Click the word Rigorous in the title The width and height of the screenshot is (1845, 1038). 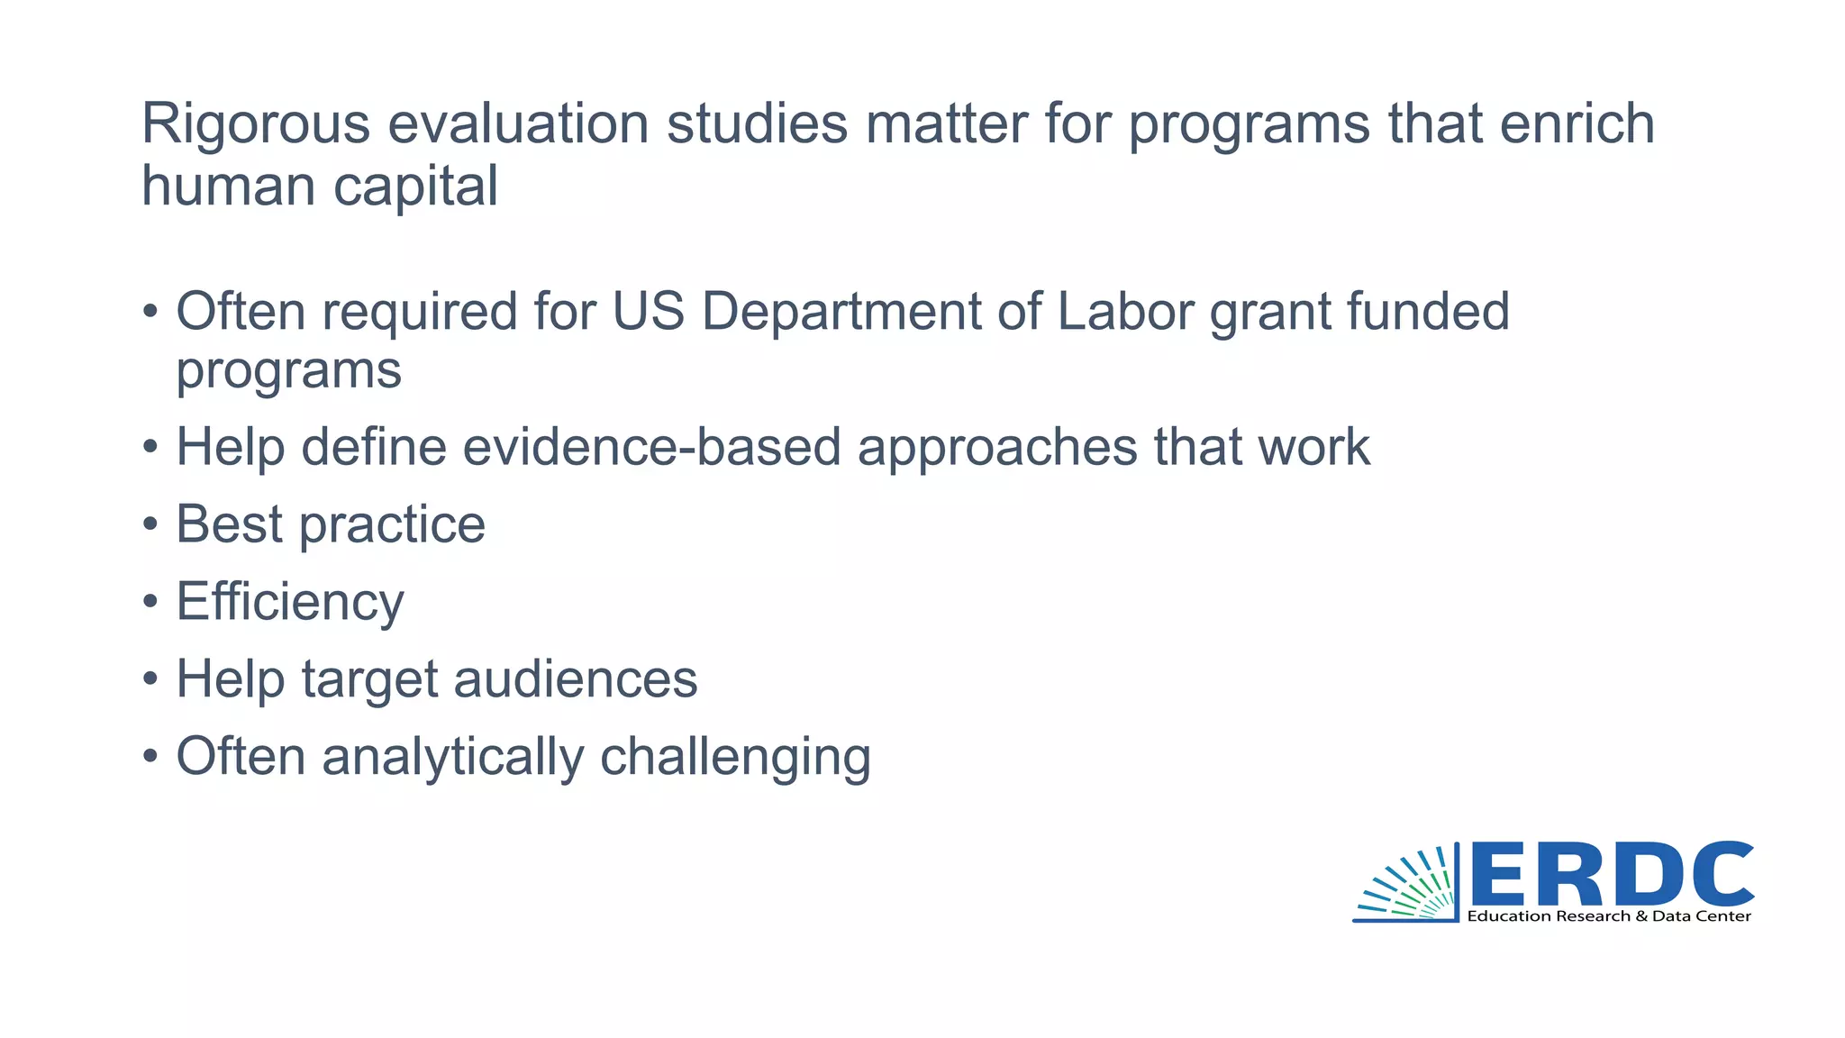pyautogui.click(x=255, y=123)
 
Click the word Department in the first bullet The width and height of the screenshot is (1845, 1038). pyautogui.click(x=841, y=312)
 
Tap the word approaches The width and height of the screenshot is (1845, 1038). pyautogui.click(x=997, y=447)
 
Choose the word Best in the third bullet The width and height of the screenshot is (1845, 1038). pyautogui.click(x=230, y=524)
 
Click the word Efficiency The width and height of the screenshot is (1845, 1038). pyautogui.click(x=290, y=602)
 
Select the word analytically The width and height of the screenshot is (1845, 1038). pyautogui.click(x=453, y=756)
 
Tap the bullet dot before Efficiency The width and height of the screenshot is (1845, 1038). pyautogui.click(x=150, y=603)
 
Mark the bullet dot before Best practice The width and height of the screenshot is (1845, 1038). pyautogui.click(x=150, y=525)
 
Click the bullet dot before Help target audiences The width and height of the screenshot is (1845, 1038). pyautogui.click(x=150, y=679)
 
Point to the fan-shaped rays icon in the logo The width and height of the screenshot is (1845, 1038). pyautogui.click(x=1407, y=885)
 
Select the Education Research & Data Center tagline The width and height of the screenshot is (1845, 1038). pyautogui.click(x=1609, y=916)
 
